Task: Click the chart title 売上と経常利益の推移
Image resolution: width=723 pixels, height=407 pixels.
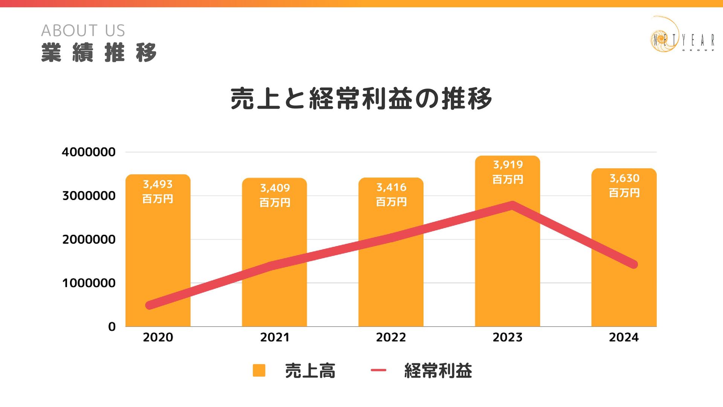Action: [x=361, y=99]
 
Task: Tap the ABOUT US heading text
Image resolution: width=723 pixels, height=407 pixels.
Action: [x=83, y=31]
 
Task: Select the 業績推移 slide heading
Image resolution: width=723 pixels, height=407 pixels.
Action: [x=99, y=53]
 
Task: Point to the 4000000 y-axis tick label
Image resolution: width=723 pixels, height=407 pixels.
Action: [x=88, y=152]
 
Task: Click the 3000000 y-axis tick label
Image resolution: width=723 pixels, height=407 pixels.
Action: [x=88, y=196]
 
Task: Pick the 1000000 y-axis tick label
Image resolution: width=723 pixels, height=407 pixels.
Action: [x=88, y=283]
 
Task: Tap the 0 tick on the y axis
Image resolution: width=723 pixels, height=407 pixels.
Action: [x=111, y=327]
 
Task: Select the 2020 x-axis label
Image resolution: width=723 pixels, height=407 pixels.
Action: [x=158, y=337]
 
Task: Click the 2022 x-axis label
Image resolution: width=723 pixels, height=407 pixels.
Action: [x=391, y=337]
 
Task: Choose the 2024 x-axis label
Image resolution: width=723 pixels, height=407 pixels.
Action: [x=624, y=337]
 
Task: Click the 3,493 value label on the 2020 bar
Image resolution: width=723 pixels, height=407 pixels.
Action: [x=158, y=184]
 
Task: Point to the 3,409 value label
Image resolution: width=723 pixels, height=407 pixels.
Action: [x=275, y=188]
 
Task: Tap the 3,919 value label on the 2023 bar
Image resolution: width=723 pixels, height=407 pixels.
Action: [x=508, y=165]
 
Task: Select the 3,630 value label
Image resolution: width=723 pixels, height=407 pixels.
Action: [x=624, y=178]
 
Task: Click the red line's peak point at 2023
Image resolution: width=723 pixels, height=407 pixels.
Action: [x=512, y=206]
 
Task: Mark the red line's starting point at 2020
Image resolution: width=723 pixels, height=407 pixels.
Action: [x=150, y=305]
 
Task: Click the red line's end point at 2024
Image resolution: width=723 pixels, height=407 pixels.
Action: [x=633, y=264]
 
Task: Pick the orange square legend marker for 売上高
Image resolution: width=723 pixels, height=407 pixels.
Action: [x=259, y=370]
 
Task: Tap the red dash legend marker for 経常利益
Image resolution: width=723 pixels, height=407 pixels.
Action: [x=378, y=370]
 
